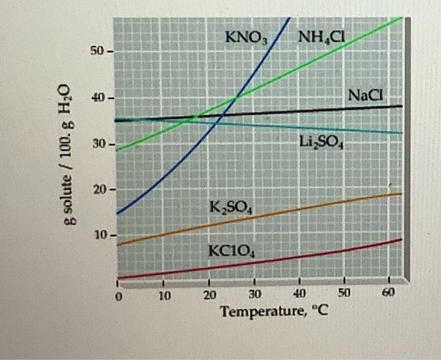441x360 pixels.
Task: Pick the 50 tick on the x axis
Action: coord(345,294)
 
